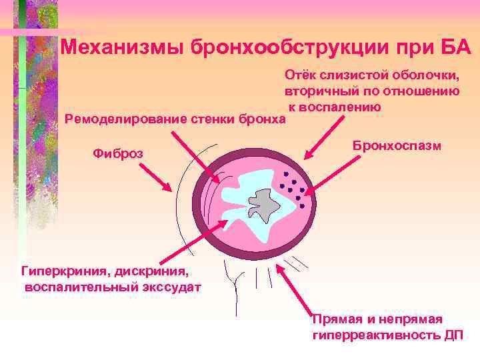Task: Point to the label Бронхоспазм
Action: coord(397,145)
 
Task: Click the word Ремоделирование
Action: coord(123,119)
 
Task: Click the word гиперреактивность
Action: coord(376,335)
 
